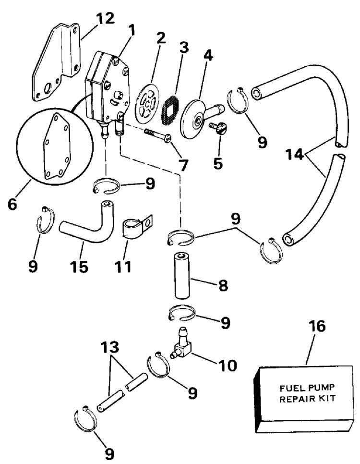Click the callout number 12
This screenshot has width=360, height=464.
click(105, 19)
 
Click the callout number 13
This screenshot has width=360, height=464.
click(113, 347)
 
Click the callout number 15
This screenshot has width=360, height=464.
click(81, 266)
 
